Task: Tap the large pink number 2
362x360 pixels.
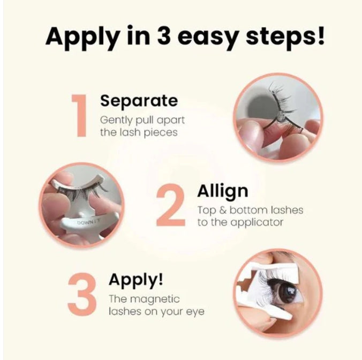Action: click(171, 205)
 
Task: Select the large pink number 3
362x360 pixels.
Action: click(82, 294)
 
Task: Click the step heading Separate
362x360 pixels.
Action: click(139, 101)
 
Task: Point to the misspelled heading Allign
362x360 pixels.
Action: click(223, 191)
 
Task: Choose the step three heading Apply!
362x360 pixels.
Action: click(136, 280)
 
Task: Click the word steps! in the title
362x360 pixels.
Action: click(285, 35)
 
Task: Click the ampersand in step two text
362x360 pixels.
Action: click(222, 210)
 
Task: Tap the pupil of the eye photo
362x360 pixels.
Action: click(286, 291)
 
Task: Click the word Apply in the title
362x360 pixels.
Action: click(81, 37)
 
